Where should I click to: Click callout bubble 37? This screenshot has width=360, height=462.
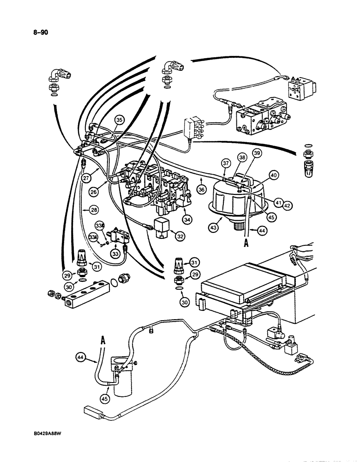tap(226, 163)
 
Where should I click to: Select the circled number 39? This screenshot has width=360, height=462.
tap(256, 153)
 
